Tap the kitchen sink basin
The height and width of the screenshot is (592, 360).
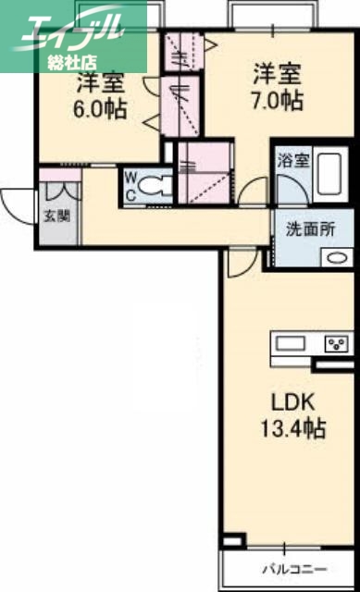click(x=290, y=345)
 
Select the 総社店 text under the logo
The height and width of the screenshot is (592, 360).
click(x=75, y=63)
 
